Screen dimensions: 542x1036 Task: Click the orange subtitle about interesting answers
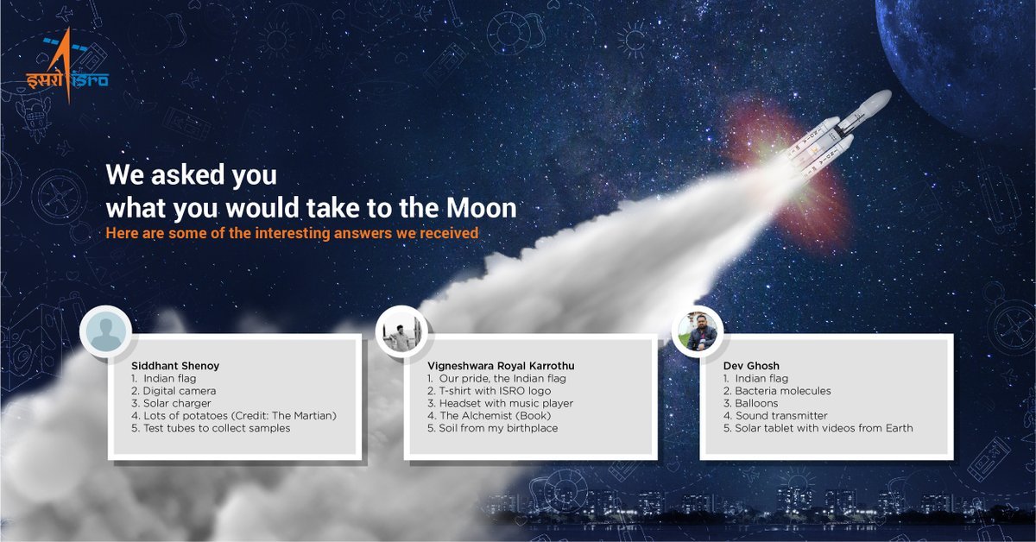[x=291, y=233]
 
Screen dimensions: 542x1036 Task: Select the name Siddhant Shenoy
[x=174, y=366]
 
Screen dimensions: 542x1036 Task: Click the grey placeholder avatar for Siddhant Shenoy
[x=105, y=331]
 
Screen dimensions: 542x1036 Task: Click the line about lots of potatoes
[x=233, y=416]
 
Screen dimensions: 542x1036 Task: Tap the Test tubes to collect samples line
[x=211, y=428]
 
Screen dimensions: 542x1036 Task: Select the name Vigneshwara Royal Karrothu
[x=500, y=366]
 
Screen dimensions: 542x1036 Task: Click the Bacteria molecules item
[x=777, y=391]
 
